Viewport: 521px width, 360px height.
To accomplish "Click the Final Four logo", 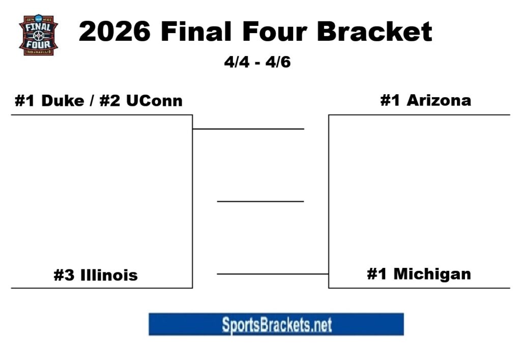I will [38, 35].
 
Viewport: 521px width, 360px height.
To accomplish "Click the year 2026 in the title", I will [115, 32].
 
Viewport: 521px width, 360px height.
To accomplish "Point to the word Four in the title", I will [275, 32].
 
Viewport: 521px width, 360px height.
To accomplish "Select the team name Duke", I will [62, 100].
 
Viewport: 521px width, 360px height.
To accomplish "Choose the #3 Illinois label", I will [96, 275].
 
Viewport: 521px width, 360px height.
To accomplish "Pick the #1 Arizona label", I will [425, 100].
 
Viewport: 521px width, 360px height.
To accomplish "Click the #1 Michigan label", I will [419, 274].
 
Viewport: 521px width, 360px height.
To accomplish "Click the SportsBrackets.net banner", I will [276, 324].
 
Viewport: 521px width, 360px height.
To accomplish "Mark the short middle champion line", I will [260, 202].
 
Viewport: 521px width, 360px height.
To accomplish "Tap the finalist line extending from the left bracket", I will [248, 129].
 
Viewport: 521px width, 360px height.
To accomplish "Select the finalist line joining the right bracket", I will [273, 274].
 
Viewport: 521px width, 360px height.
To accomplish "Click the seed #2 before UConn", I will [109, 100].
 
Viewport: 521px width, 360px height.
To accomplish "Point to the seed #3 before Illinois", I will [65, 275].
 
